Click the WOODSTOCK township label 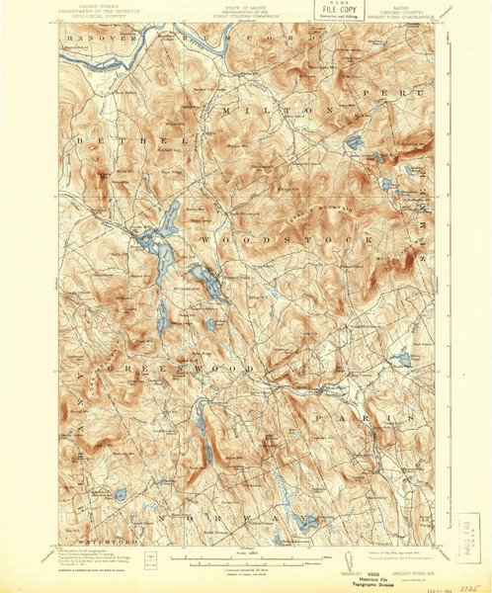pyautogui.click(x=287, y=239)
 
